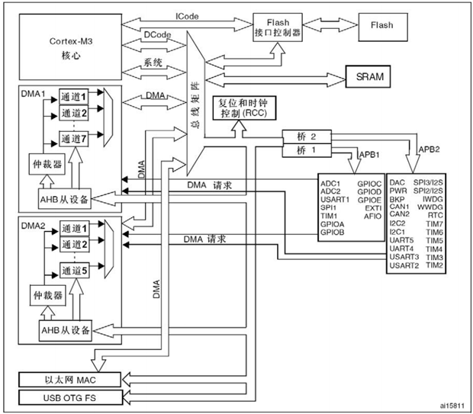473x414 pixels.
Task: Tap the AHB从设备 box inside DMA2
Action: coord(64,330)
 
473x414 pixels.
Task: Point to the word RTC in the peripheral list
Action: coord(435,215)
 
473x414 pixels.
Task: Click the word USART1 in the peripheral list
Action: coord(340,201)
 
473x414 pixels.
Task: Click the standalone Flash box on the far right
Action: coord(382,25)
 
